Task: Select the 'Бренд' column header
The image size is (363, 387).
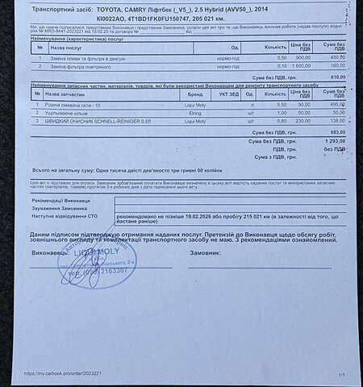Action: pyautogui.click(x=190, y=94)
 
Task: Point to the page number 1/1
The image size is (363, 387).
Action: pyautogui.click(x=342, y=375)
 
